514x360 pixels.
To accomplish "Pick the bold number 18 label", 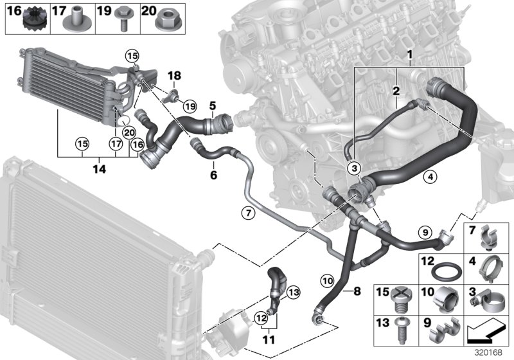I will (175, 76).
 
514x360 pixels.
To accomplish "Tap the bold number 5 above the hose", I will (211, 104).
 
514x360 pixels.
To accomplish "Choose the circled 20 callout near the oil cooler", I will (129, 132).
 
